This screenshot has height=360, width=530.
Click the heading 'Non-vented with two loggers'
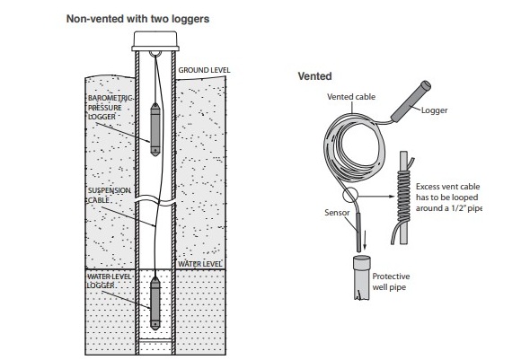tap(137, 19)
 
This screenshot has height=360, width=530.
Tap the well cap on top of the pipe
tap(155, 41)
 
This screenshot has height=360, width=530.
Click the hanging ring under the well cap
tap(155, 54)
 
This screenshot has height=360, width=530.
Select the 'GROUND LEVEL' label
tap(204, 70)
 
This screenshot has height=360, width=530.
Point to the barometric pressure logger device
tap(155, 129)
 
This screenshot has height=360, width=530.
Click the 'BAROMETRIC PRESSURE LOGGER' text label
tap(110, 108)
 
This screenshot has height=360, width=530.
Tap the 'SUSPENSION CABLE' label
tap(110, 195)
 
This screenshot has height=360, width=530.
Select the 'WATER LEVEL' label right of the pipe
tap(199, 264)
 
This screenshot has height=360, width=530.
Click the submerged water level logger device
tap(155, 303)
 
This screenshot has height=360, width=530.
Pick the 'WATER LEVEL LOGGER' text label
tap(109, 281)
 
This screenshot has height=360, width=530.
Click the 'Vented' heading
tap(314, 76)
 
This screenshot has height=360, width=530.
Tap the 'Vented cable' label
tap(351, 97)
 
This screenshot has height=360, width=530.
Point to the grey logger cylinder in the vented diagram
tap(411, 101)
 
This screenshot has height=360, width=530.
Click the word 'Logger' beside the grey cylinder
tap(435, 110)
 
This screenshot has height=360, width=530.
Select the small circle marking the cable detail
tap(349, 196)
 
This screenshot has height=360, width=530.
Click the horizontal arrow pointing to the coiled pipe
tap(376, 197)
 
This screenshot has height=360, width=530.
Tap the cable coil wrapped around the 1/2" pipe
tap(403, 196)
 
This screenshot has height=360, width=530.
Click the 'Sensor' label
tap(337, 213)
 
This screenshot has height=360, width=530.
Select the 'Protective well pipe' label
tap(391, 282)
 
